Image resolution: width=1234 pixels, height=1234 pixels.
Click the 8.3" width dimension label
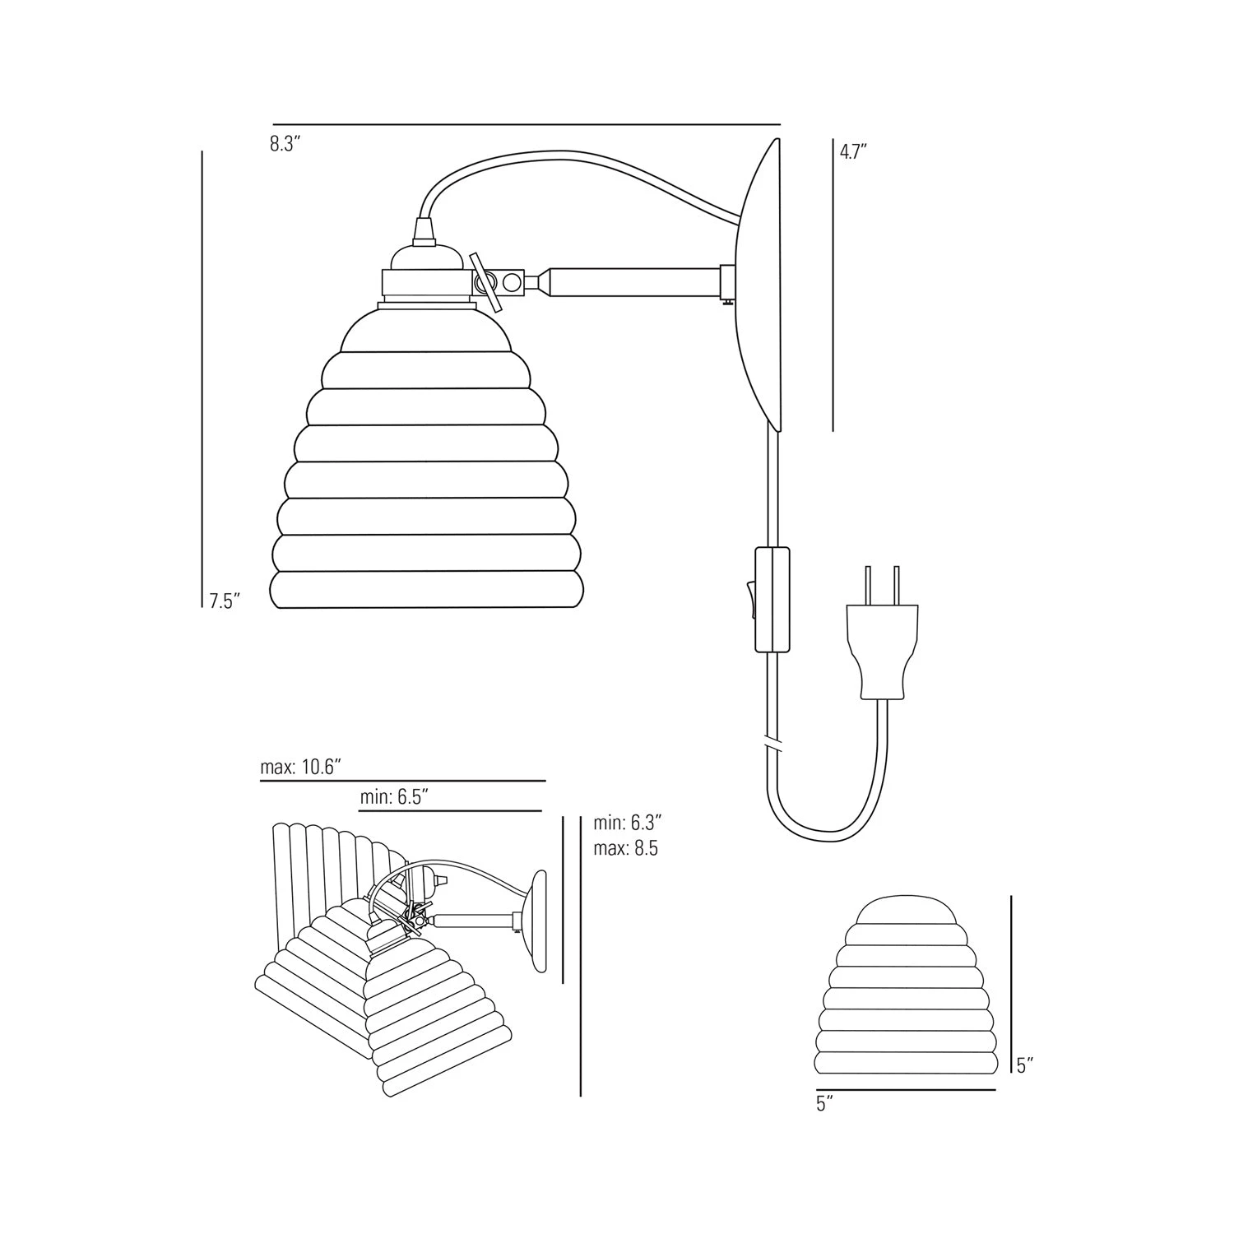pos(285,144)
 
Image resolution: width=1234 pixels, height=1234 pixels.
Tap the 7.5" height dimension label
pos(224,601)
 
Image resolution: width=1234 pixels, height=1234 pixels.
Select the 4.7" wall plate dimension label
pos(854,151)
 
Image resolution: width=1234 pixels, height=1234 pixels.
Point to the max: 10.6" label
pos(300,767)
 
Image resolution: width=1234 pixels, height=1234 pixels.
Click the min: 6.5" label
pos(394,797)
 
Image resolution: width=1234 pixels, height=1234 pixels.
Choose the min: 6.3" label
pos(628,822)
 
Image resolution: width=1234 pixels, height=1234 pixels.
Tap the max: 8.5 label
pos(625,848)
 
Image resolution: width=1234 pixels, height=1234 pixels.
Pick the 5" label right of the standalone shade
pos(1024,1066)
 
